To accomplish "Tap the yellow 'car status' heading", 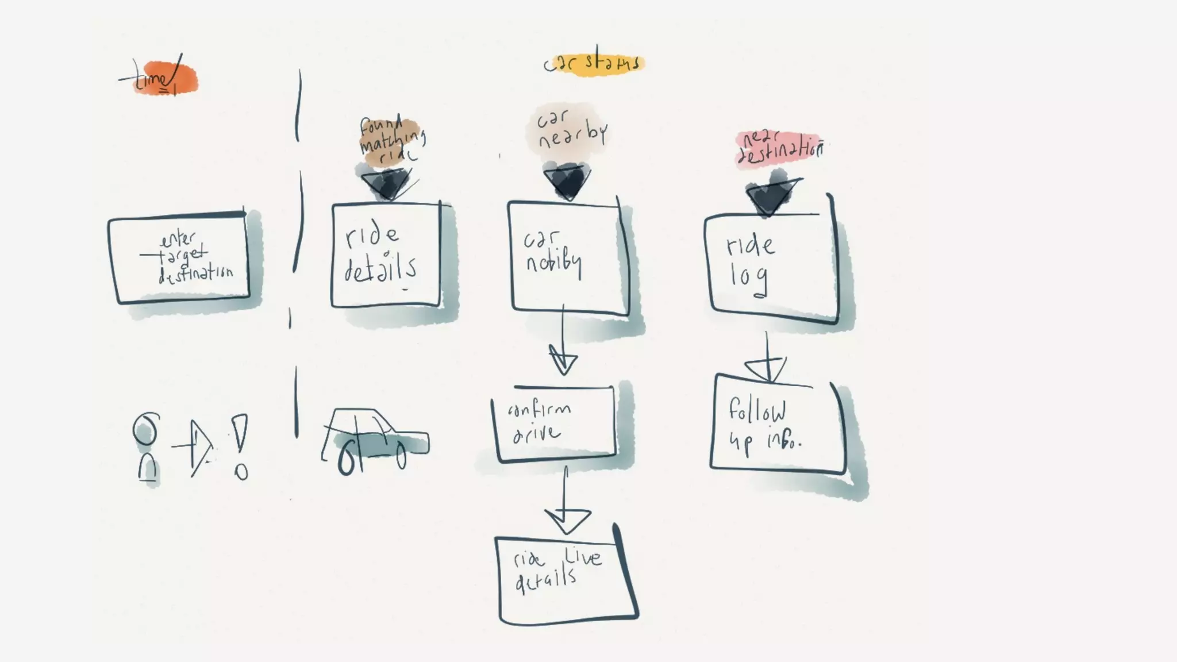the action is pos(594,63).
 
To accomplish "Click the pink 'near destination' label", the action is pos(779,148).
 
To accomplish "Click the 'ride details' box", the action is pos(386,255).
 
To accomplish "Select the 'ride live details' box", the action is pos(566,579).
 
